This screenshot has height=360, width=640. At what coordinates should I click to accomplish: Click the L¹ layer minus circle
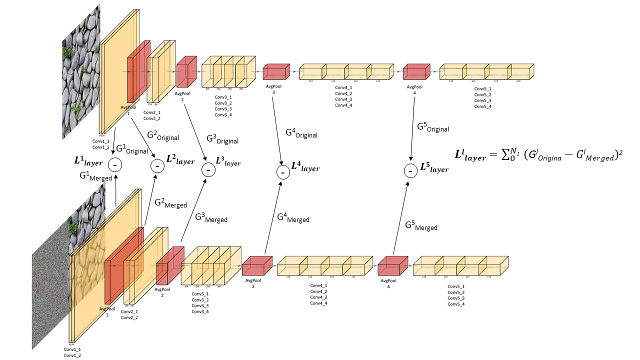[x=115, y=164]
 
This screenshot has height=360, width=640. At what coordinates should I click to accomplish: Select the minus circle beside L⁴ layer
[x=282, y=172]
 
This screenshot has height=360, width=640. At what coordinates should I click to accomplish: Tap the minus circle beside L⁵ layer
[x=410, y=171]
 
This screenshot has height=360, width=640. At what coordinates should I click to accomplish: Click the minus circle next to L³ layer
[x=208, y=169]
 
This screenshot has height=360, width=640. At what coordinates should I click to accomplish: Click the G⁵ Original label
[x=433, y=127]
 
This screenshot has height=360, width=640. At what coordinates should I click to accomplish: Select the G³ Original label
[x=222, y=139]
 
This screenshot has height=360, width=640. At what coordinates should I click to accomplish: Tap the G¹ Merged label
[x=95, y=176]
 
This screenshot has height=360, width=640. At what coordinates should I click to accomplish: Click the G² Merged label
[x=170, y=203]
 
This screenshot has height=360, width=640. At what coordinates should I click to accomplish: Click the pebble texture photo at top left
[x=81, y=70]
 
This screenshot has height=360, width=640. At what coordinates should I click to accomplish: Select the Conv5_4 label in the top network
[x=482, y=106]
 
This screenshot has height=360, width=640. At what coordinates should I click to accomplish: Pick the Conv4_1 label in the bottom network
[x=318, y=285]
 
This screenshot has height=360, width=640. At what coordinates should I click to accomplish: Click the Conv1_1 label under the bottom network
[x=72, y=349]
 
